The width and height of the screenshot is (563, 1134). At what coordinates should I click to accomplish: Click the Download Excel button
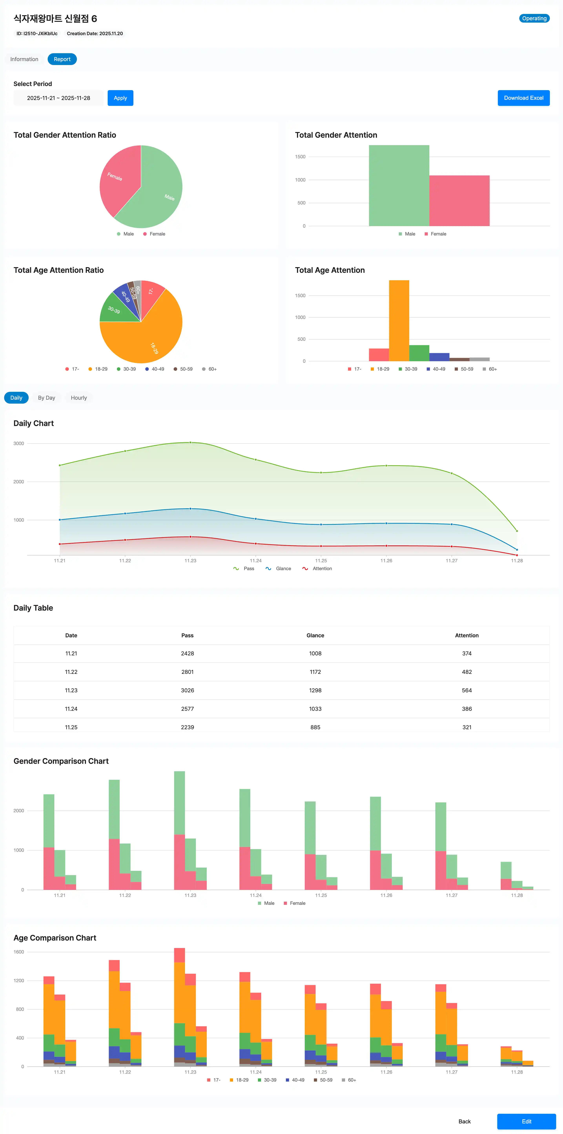coord(523,98)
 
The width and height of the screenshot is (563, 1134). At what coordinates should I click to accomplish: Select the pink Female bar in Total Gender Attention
coord(459,201)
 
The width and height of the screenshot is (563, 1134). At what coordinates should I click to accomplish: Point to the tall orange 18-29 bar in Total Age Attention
coord(399,321)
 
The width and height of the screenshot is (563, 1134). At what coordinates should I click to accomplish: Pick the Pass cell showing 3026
coord(187,690)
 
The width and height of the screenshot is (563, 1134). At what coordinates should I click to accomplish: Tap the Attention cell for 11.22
coord(467,672)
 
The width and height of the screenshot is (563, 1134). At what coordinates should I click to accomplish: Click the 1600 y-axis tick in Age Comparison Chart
coord(19,952)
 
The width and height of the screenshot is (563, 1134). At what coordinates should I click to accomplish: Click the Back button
coord(465,1121)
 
